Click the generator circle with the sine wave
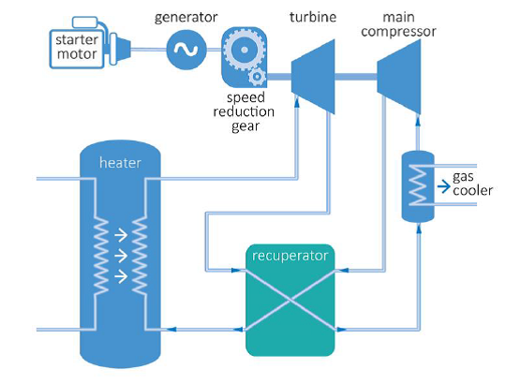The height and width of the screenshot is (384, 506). pos(186,50)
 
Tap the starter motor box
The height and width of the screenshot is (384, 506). pos(77,49)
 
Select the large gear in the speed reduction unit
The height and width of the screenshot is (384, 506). pos(245,50)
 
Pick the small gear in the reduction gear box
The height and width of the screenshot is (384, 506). pos(257,77)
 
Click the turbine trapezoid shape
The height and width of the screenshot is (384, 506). pos(313,77)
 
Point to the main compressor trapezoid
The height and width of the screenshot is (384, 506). pos(399,77)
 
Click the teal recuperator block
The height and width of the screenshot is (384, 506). pos(290,300)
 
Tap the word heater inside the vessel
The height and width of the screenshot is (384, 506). pos(120,163)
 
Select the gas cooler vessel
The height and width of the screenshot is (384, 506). pos(418,186)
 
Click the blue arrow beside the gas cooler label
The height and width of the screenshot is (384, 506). pos(444,186)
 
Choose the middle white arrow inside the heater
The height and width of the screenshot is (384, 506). pos(121,256)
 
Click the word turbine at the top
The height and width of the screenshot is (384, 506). pos(313,17)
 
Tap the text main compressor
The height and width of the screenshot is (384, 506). pos(398,24)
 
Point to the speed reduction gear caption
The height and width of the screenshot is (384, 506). pos(244,111)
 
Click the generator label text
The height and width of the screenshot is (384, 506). pos(186,18)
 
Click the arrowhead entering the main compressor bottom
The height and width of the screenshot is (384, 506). pos(418,120)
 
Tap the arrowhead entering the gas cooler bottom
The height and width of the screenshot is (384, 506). pos(419,229)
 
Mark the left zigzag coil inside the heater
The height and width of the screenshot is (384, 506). pos(100,256)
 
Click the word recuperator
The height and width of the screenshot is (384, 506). pos(290,256)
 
